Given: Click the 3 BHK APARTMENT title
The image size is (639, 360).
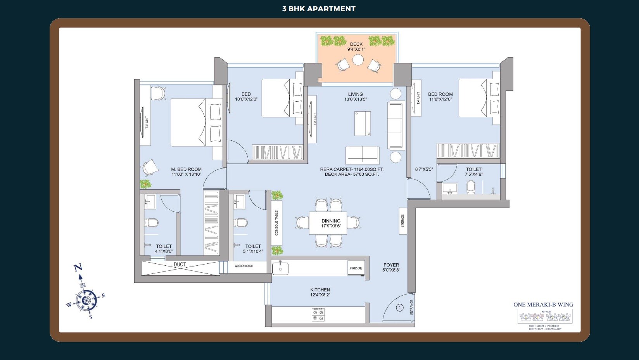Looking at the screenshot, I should pyautogui.click(x=319, y=9).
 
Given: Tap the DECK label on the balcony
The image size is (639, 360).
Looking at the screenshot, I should pyautogui.click(x=356, y=44).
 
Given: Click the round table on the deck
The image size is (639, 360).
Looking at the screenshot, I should pyautogui.click(x=358, y=60).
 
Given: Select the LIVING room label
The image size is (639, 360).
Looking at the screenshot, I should pyautogui.click(x=355, y=94).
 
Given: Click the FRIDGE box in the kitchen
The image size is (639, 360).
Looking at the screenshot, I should pyautogui.click(x=356, y=268).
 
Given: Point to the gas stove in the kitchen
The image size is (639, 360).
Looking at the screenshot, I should pyautogui.click(x=318, y=315).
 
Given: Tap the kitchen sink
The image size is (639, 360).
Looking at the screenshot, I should pyautogui.click(x=280, y=268).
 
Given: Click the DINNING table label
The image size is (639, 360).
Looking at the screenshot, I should pyautogui.click(x=331, y=221).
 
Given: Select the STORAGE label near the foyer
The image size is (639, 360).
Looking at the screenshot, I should pyautogui.click(x=402, y=221).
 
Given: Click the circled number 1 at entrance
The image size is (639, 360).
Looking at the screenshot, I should pyautogui.click(x=400, y=308).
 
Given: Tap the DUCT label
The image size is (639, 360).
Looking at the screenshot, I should pyautogui.click(x=180, y=265).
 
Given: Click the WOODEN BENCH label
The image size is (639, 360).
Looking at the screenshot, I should pyautogui.click(x=244, y=266).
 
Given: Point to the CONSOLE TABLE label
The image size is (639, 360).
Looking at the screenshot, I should pyautogui.click(x=276, y=223).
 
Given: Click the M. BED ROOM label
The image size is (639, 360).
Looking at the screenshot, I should pyautogui.click(x=187, y=169).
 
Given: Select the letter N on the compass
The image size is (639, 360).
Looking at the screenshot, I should pyautogui.click(x=78, y=267).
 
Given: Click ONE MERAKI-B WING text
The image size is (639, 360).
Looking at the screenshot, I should pyautogui.click(x=543, y=305).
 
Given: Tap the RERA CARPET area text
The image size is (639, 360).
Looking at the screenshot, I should pyautogui.click(x=352, y=169).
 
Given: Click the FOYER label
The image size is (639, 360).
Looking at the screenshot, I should pyautogui.click(x=391, y=265).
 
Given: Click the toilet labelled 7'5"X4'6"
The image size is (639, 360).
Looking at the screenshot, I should pyautogui.click(x=473, y=169).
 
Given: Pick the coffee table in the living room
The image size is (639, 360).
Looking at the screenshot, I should pyautogui.click(x=362, y=123).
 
